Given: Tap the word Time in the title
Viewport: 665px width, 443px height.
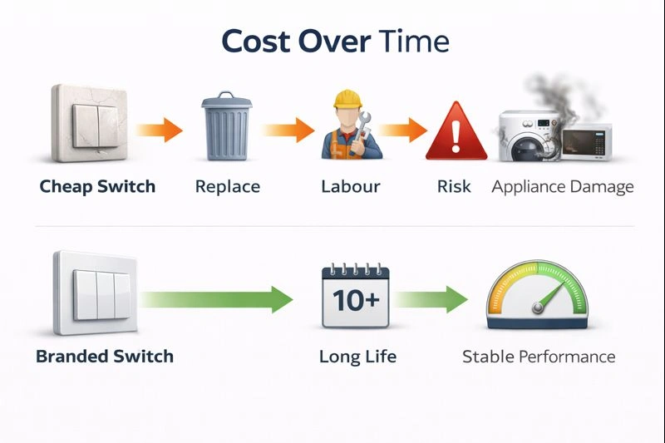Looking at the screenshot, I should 413,41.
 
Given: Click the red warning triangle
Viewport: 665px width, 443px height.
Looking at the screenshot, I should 455,131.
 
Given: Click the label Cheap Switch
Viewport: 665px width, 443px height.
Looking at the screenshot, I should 97,185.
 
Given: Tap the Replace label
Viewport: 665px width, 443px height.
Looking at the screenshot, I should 228,185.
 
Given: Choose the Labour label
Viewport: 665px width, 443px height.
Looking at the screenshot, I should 351,185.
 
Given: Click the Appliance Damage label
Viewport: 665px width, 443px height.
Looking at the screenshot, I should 563,185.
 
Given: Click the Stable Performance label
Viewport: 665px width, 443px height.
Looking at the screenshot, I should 539,357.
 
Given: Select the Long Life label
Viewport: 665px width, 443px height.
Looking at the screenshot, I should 357,357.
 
